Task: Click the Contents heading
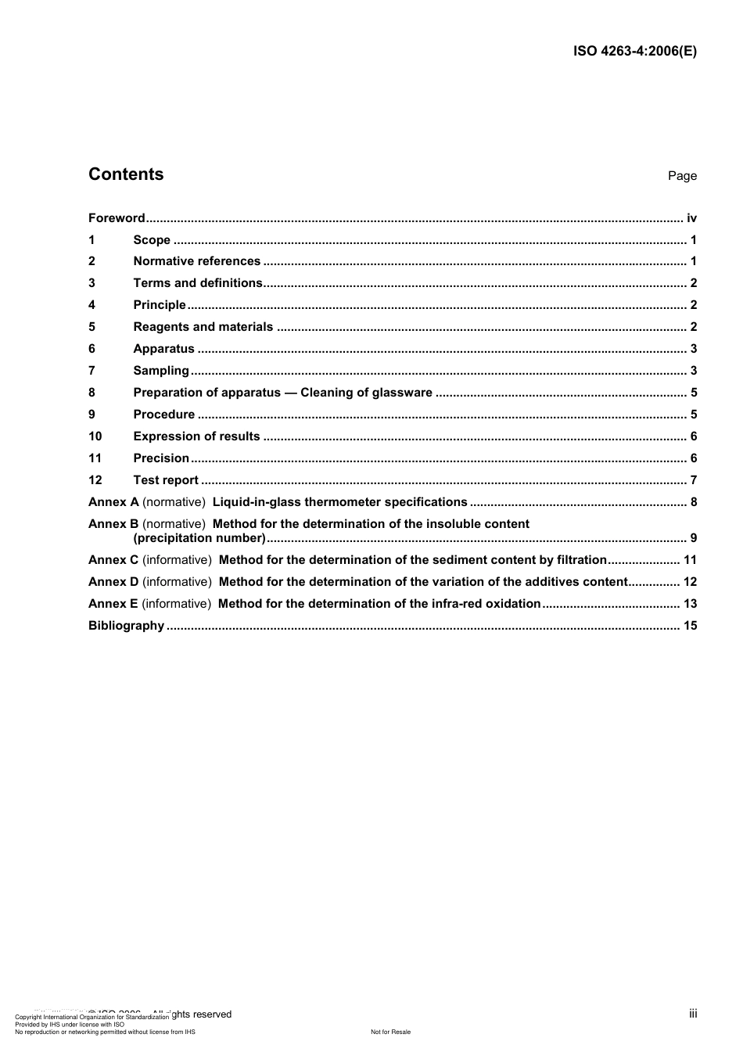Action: coord(126,174)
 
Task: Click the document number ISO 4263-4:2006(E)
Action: coord(634,52)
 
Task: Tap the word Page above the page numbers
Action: coord(682,176)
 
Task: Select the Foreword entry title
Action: coord(117,218)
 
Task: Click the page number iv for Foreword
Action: coord(691,218)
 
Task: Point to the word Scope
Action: coord(152,240)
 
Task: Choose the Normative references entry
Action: coord(196,261)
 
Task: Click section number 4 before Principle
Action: coord(92,305)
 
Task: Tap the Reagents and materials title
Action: coord(203,327)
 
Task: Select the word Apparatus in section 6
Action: coord(163,349)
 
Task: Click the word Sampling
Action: coord(161,371)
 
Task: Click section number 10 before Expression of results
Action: coord(95,436)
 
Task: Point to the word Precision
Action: coord(161,458)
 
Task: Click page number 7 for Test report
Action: coord(693,480)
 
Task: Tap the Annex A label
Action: coord(113,502)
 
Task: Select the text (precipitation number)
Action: coord(199,538)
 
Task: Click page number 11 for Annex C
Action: coord(690,560)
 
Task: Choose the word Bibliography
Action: coord(126,626)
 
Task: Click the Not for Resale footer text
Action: coord(390,1032)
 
